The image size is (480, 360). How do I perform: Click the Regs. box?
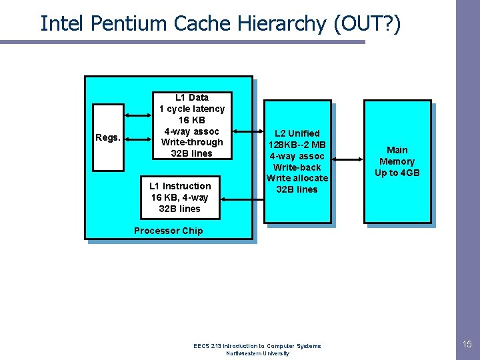tap(108, 137)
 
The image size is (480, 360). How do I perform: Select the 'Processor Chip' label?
tap(168, 231)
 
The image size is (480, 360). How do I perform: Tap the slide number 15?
tap(467, 344)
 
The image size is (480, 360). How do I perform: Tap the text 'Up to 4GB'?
tap(397, 173)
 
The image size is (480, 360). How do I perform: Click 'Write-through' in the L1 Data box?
tap(192, 142)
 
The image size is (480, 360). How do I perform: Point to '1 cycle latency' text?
tap(192, 109)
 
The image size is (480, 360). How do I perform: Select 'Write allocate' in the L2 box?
tap(297, 178)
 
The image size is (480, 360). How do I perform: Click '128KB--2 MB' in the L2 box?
tap(297, 145)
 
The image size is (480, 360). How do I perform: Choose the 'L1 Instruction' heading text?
tap(180, 186)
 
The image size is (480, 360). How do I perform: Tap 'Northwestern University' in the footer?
tap(257, 353)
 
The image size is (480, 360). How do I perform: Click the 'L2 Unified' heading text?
tap(297, 133)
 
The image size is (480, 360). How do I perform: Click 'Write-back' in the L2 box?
tap(297, 167)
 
